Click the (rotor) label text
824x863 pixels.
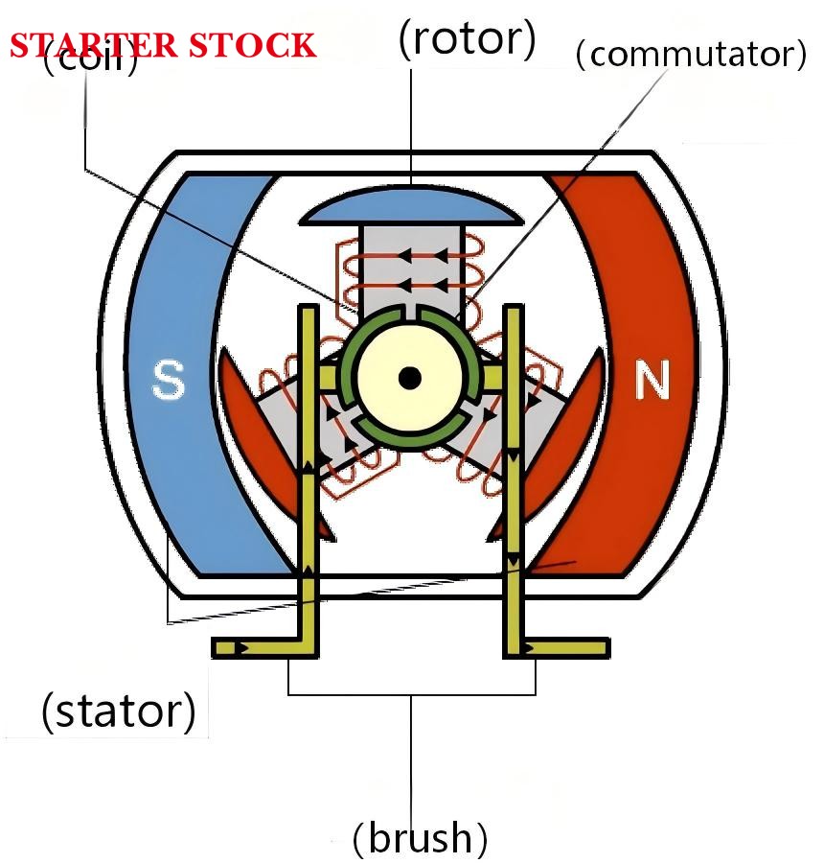click(x=467, y=39)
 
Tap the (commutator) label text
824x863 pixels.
click(x=691, y=55)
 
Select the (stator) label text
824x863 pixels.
click(x=119, y=711)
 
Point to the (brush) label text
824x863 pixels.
click(x=420, y=838)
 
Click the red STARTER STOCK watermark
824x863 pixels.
click(x=163, y=45)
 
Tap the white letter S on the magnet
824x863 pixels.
click(x=169, y=382)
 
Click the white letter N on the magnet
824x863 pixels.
click(x=652, y=382)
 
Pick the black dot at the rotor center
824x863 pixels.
click(x=410, y=378)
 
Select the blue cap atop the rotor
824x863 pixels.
click(x=412, y=205)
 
